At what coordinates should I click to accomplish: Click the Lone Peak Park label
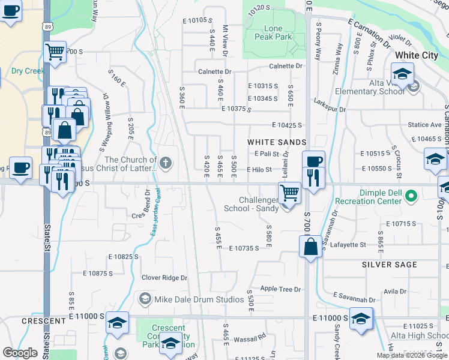click(277, 32)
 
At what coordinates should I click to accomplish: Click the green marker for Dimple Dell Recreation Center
click(411, 196)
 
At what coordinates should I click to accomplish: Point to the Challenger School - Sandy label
click(251, 205)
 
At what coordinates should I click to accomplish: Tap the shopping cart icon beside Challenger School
click(290, 193)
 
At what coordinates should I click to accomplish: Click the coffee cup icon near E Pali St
click(313, 160)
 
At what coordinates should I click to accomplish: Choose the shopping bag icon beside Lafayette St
click(310, 245)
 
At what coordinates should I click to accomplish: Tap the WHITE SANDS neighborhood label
click(277, 142)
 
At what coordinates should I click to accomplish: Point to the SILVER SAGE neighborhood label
click(390, 265)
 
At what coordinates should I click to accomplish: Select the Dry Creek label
click(28, 71)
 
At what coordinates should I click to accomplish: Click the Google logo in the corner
click(20, 353)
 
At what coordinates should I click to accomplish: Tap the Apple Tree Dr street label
click(280, 289)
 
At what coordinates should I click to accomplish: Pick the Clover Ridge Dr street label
click(164, 278)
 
